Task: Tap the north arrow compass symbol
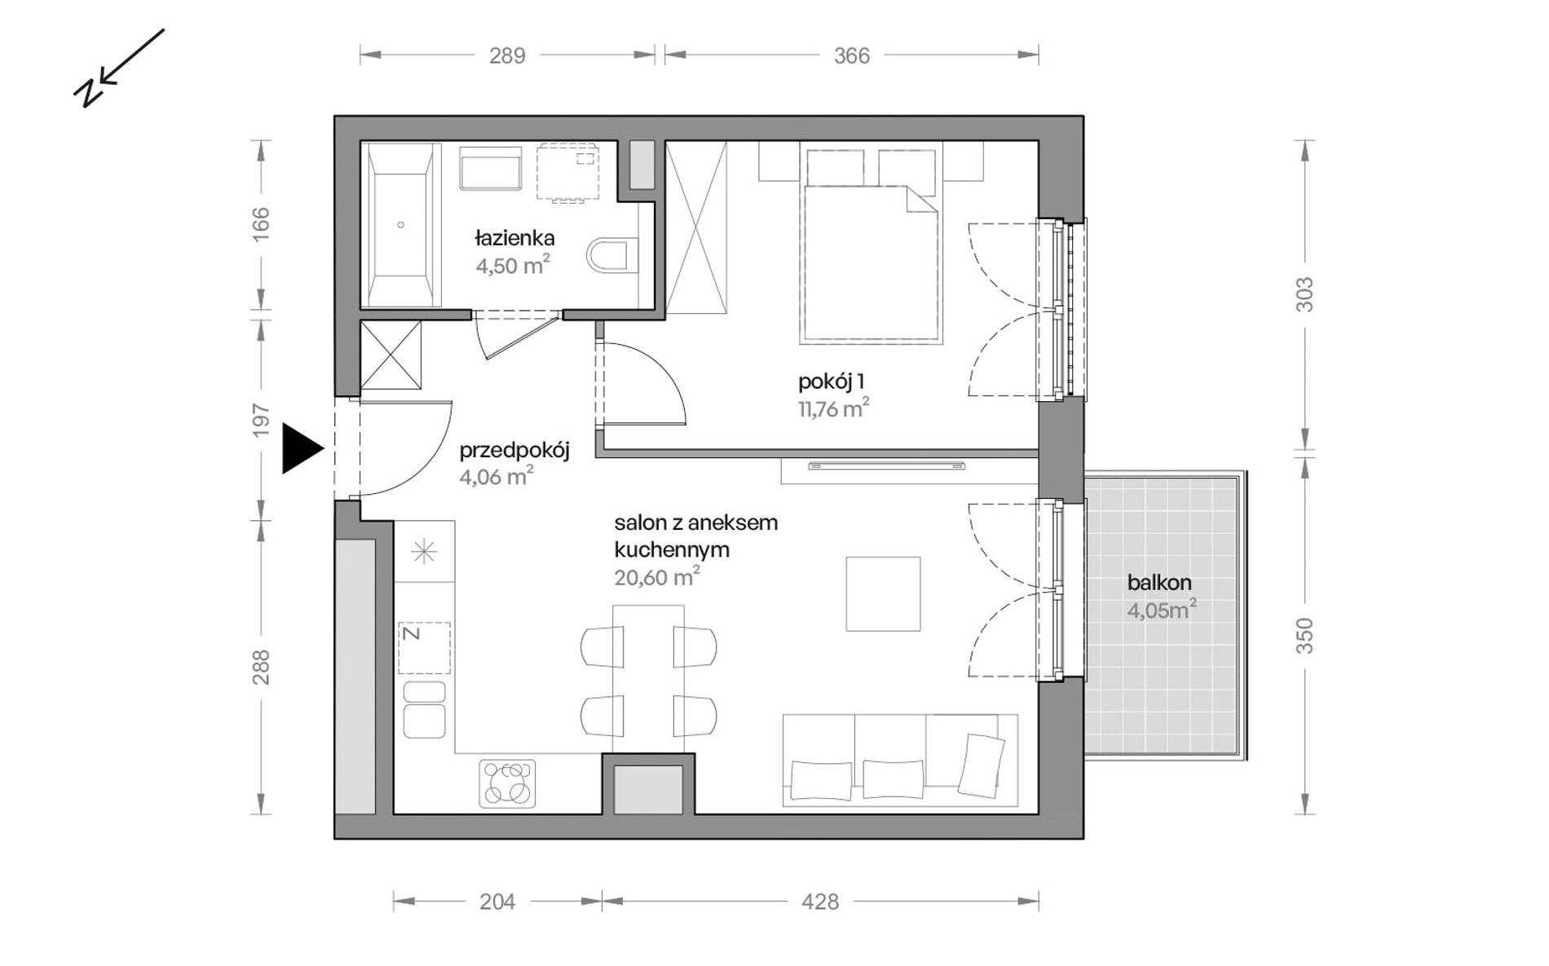(119, 68)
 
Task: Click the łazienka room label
(514, 238)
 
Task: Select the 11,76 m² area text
(833, 408)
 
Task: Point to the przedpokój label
(514, 451)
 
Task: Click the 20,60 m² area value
(657, 576)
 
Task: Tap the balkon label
(1159, 583)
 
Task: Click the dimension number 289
(507, 55)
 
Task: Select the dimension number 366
(852, 55)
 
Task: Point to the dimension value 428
(820, 902)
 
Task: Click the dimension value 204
(497, 902)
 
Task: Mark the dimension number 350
(1305, 636)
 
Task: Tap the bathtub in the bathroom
(400, 225)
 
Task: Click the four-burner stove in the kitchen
(507, 783)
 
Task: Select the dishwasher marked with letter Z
(424, 648)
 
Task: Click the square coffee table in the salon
(883, 593)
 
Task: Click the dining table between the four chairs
(648, 679)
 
